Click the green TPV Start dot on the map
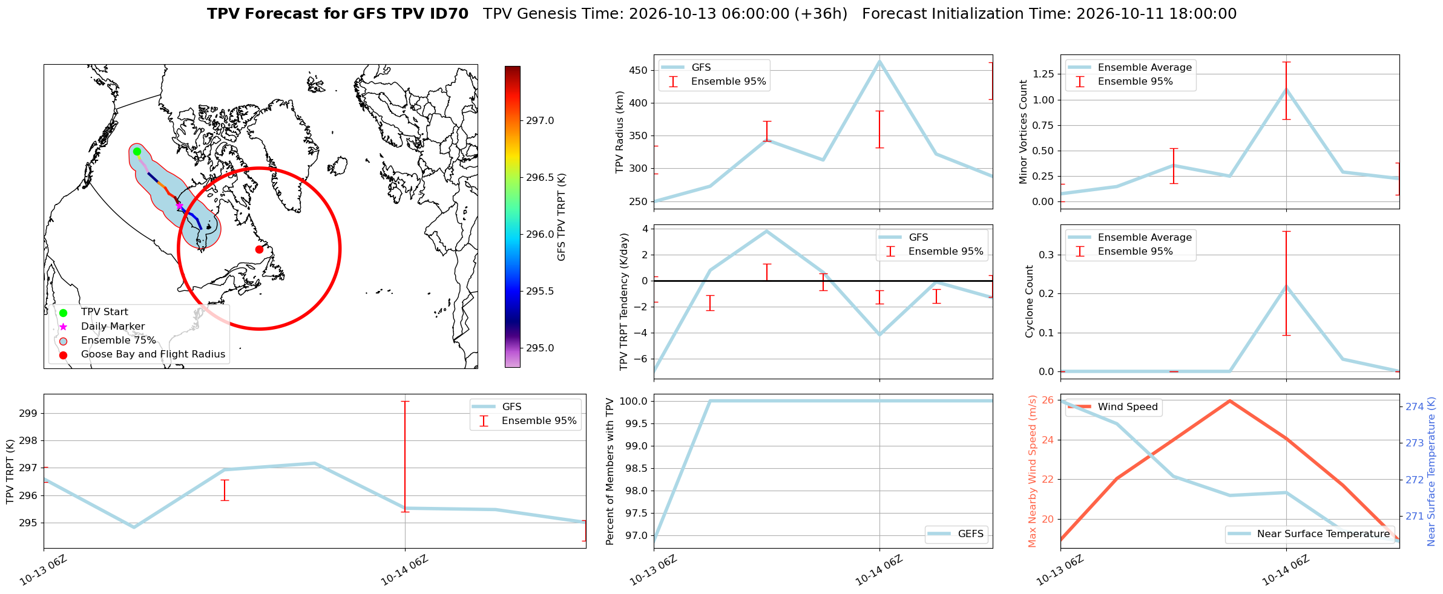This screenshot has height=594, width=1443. [137, 151]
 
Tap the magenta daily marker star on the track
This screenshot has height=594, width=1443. [179, 206]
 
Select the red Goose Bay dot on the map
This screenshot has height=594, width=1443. [259, 249]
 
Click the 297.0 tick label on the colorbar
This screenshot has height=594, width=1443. [540, 120]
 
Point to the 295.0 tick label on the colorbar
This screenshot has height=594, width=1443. [540, 348]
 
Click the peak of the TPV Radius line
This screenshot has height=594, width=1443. [879, 60]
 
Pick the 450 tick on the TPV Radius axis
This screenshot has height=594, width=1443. [639, 70]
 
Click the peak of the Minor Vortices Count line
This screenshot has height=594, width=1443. [1286, 89]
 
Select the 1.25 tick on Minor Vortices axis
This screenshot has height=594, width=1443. [1042, 74]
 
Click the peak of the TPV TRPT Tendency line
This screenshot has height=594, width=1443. [766, 230]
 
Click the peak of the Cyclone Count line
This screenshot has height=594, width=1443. [1286, 286]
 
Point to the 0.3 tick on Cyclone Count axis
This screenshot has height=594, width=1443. [1047, 255]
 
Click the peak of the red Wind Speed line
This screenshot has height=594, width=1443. [1229, 400]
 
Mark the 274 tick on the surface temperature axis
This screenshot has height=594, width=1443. [1415, 406]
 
